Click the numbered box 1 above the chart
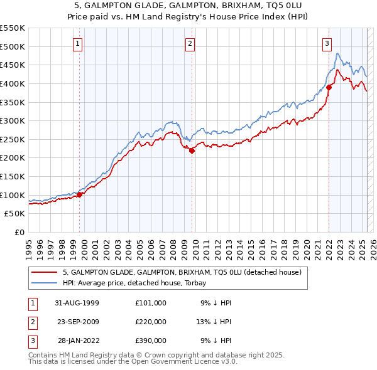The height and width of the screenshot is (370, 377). pyautogui.click(x=77, y=43)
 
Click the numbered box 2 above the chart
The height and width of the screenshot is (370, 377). pyautogui.click(x=190, y=43)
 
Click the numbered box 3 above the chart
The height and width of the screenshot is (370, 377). pyautogui.click(x=327, y=43)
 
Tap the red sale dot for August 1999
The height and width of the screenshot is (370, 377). pyautogui.click(x=80, y=194)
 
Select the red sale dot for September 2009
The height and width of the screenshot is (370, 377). pyautogui.click(x=192, y=150)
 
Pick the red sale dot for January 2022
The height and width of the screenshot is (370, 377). pyautogui.click(x=329, y=87)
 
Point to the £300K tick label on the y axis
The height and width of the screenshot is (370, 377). pyautogui.click(x=13, y=120)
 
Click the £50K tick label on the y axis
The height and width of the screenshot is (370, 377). pyautogui.click(x=15, y=214)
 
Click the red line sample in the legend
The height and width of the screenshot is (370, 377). pyautogui.click(x=44, y=272)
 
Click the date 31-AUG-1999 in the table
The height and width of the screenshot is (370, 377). pyautogui.click(x=76, y=302)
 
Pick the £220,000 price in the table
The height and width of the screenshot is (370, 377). pyautogui.click(x=151, y=322)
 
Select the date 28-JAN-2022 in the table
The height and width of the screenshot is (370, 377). pyautogui.click(x=77, y=341)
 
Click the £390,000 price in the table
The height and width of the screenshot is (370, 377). pyautogui.click(x=151, y=341)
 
